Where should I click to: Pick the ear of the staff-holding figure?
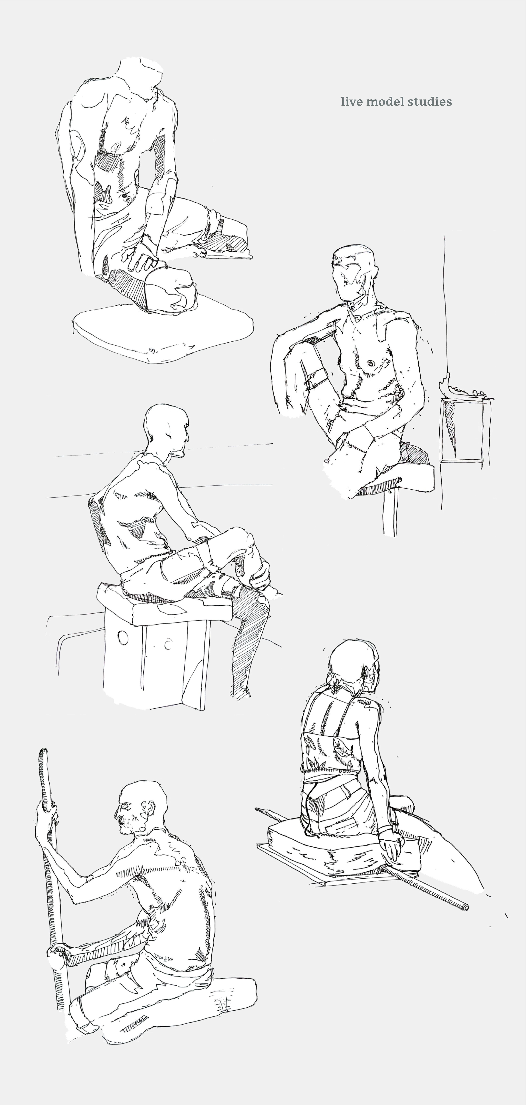149,810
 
